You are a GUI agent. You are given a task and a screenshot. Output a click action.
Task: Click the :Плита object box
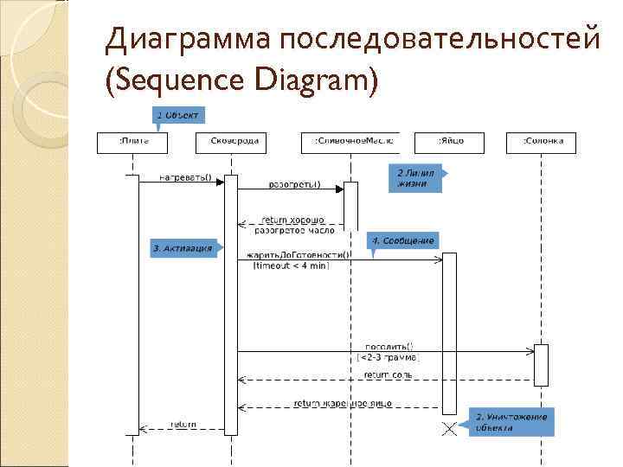128,141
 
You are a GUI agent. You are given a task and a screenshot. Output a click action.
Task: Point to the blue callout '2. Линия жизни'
416,177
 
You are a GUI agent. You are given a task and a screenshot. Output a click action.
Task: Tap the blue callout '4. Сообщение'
401,240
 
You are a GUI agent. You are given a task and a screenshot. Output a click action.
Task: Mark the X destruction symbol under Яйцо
450,429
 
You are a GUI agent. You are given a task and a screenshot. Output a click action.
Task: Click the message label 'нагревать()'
185,176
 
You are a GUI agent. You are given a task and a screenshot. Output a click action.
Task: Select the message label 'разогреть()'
294,184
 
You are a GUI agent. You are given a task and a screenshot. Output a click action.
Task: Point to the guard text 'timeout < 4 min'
291,265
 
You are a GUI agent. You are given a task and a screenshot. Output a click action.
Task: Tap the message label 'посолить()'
389,345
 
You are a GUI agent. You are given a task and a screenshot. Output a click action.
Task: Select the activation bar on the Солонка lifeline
541,364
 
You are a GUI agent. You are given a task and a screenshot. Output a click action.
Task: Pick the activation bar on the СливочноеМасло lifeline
351,205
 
